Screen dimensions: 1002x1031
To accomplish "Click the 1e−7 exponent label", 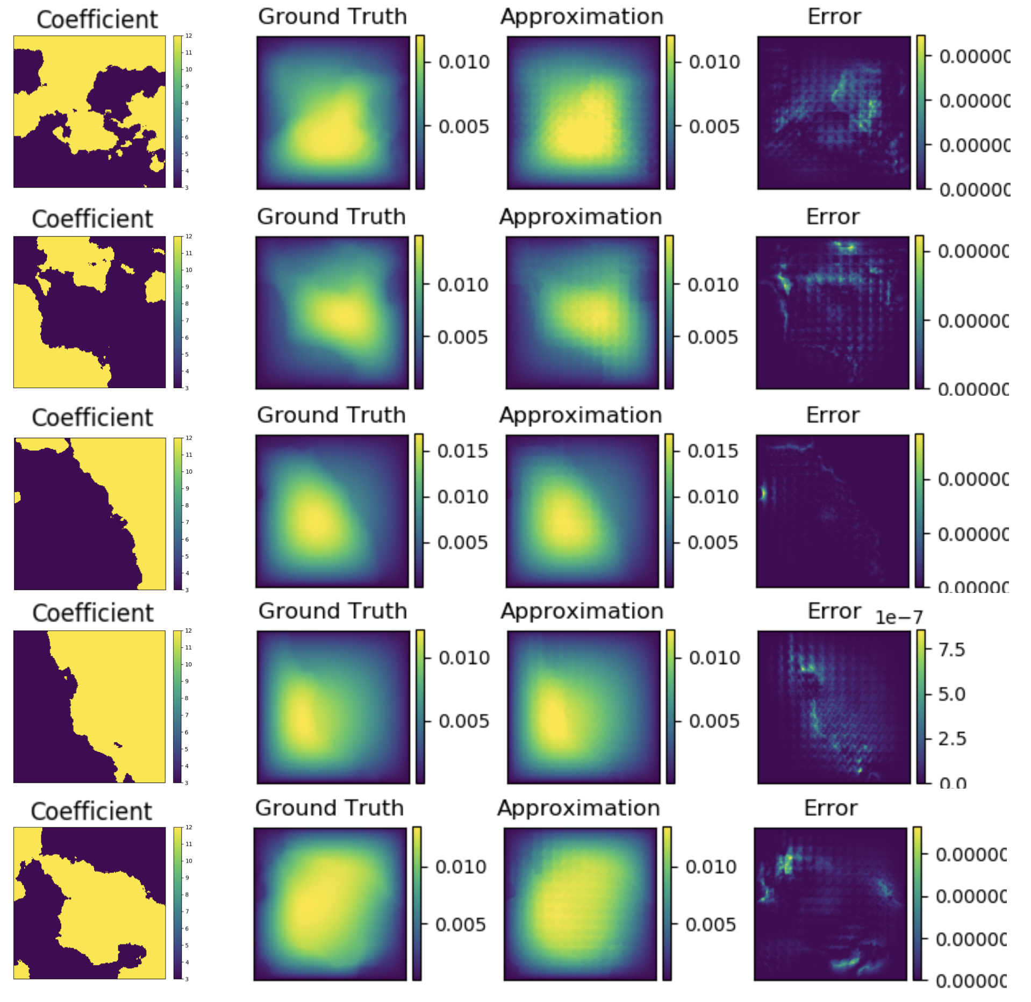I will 898,617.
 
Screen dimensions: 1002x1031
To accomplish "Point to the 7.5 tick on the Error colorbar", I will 951,649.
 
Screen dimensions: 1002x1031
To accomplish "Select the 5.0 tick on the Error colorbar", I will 951,694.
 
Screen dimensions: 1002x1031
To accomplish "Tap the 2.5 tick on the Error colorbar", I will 951,739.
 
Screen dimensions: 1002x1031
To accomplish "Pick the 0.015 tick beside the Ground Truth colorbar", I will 462,451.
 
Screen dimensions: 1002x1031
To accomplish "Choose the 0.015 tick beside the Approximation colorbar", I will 713,451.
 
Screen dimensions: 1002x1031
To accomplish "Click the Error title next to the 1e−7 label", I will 834,611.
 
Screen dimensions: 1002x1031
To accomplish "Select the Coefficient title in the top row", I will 97,20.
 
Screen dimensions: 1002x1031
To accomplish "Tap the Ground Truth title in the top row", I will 332,17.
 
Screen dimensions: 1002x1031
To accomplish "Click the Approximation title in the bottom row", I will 578,808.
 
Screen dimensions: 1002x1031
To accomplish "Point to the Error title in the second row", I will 832,217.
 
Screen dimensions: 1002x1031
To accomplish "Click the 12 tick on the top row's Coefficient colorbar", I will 189,36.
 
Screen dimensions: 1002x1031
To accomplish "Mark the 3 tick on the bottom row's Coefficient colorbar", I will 187,979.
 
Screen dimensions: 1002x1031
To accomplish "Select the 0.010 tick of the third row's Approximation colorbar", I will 713,497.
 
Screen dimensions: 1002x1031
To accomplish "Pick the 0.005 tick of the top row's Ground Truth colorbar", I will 464,127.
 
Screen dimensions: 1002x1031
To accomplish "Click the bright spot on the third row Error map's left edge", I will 763,493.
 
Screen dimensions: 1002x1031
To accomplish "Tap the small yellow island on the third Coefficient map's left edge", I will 17,497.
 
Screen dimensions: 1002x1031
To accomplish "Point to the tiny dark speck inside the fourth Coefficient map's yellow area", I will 118,745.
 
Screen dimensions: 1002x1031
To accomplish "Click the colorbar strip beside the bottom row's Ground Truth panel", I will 417,903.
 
